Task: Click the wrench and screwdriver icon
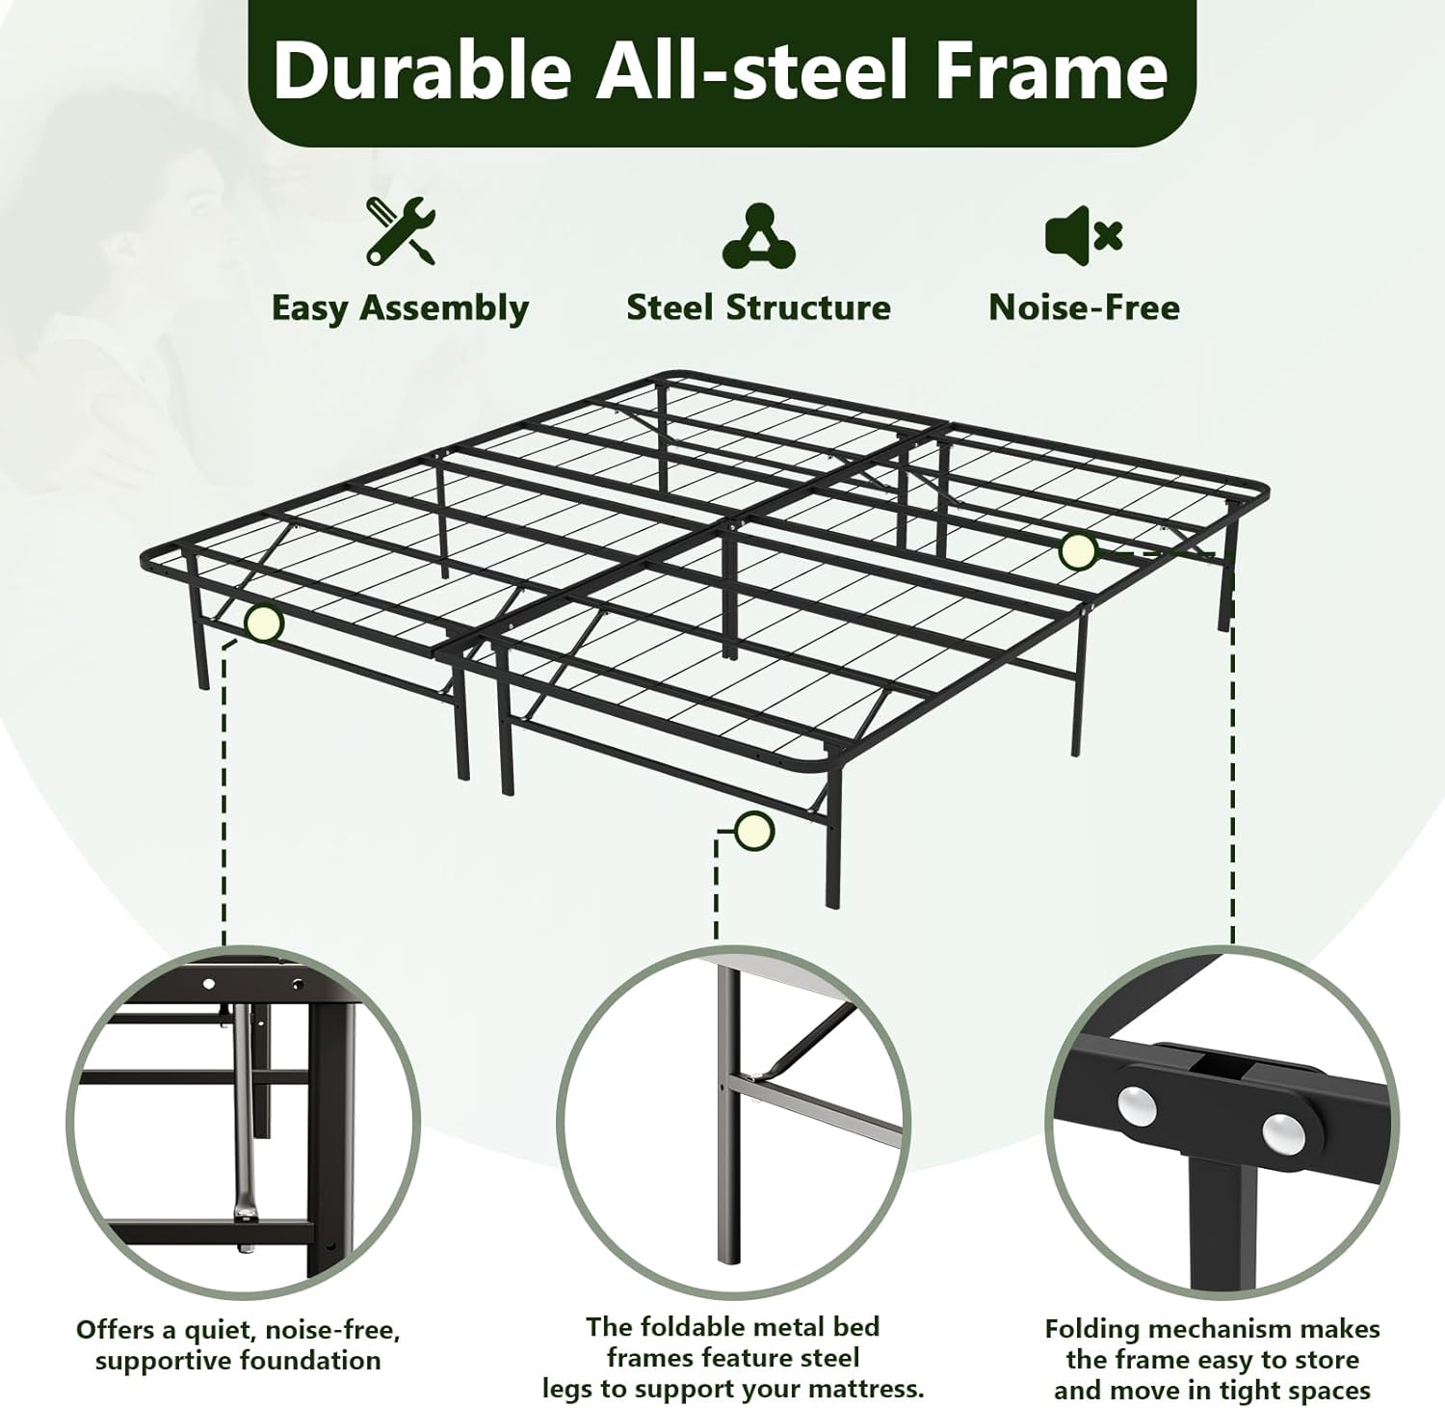pyautogui.click(x=400, y=231)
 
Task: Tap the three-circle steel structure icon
pyautogui.click(x=759, y=236)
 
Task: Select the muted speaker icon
pyautogui.click(x=1084, y=234)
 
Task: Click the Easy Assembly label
pyautogui.click(x=400, y=308)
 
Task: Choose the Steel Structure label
pyautogui.click(x=758, y=307)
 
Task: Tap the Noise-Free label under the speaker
pyautogui.click(x=1084, y=307)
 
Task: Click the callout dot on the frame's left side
pyautogui.click(x=263, y=624)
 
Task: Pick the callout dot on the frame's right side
pyautogui.click(x=1077, y=551)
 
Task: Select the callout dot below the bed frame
pyautogui.click(x=753, y=830)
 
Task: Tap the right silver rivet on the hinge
pyautogui.click(x=1282, y=1132)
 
